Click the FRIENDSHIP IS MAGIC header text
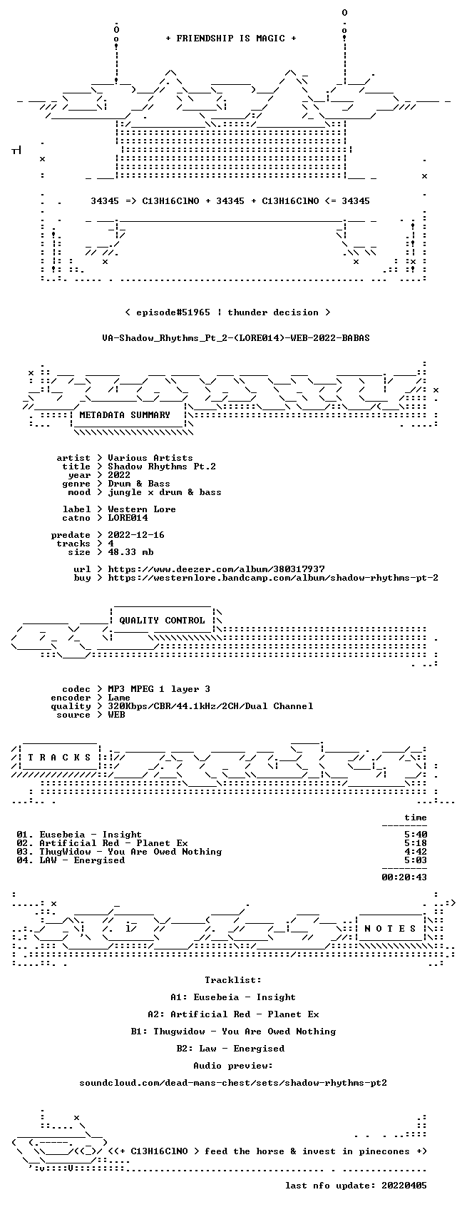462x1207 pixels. tap(230, 39)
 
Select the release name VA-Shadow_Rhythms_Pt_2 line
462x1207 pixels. tap(236, 338)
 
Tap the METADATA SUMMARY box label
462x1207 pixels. tap(124, 415)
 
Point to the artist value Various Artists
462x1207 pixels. tap(150, 458)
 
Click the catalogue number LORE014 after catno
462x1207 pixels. tap(128, 518)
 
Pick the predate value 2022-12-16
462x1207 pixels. tap(136, 535)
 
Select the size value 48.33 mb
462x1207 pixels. tap(130, 552)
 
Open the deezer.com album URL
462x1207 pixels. tap(216, 569)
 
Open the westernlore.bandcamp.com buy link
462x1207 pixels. tap(273, 578)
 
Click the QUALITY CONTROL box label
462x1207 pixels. tap(162, 621)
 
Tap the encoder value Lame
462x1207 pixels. tap(119, 698)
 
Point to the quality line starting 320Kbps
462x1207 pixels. tap(210, 706)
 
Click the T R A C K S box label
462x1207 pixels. tap(59, 758)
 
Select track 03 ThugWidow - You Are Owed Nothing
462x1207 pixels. tap(119, 852)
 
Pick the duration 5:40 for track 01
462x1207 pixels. tap(416, 835)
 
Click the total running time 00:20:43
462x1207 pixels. tap(404, 877)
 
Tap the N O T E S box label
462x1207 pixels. tap(391, 929)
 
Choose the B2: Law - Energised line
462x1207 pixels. tap(230, 1049)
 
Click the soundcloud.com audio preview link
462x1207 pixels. tap(233, 1083)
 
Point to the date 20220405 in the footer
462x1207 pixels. tap(404, 1186)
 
